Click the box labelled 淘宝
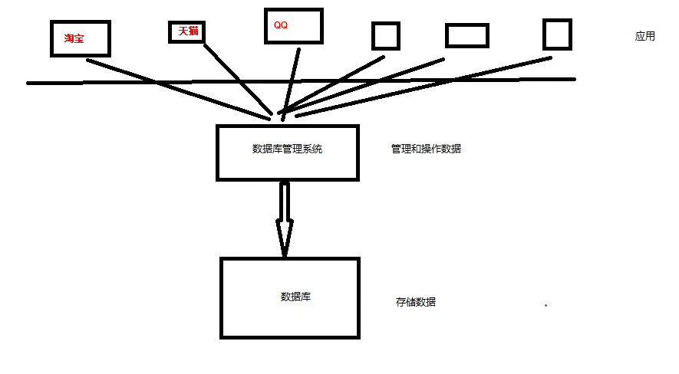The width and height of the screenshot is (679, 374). (81, 38)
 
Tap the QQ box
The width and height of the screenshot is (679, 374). (293, 26)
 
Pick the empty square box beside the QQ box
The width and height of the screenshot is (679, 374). (385, 37)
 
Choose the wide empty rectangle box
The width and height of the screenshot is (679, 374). (466, 35)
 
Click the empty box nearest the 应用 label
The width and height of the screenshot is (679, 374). (557, 34)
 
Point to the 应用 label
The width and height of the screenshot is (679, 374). (645, 36)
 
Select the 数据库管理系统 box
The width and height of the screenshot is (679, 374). (288, 152)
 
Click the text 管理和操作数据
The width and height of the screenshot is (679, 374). (426, 149)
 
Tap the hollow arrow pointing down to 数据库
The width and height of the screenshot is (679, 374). (285, 219)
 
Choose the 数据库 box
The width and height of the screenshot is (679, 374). (289, 297)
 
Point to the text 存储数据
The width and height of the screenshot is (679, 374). (416, 302)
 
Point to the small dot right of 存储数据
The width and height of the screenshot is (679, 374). (546, 305)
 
